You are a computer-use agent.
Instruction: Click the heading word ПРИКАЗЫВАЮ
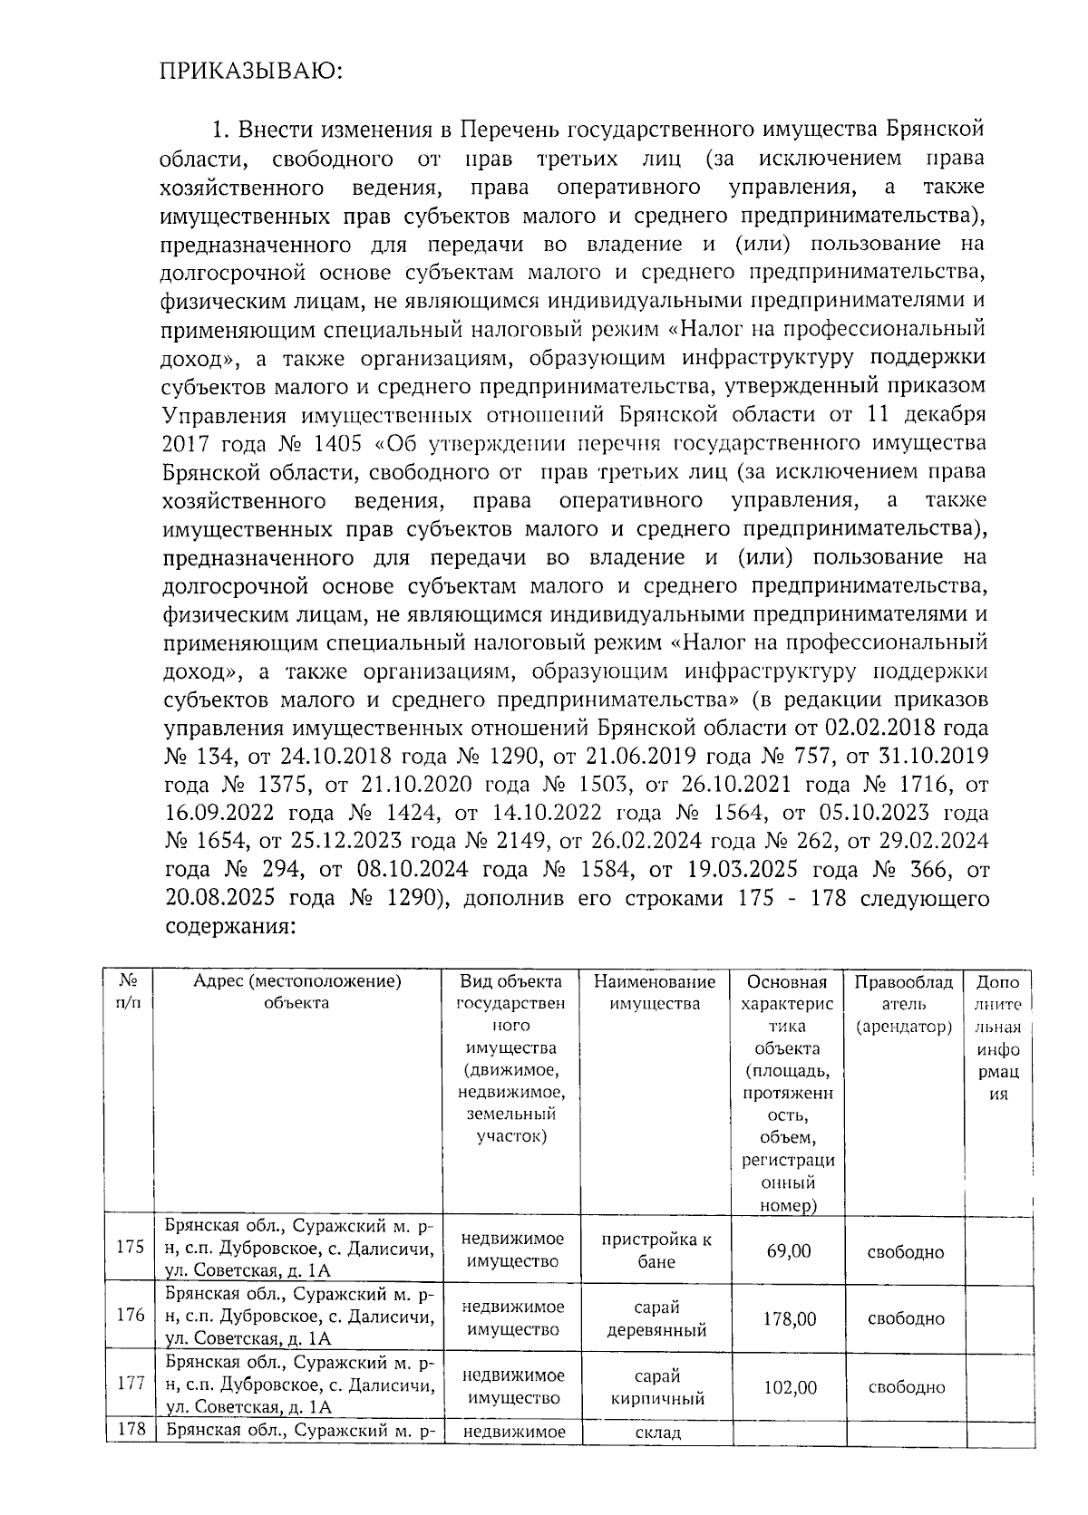(251, 72)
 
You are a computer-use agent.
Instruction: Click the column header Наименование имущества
(655, 992)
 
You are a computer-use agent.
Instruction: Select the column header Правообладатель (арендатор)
(903, 1004)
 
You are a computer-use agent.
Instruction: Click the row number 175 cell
(130, 1246)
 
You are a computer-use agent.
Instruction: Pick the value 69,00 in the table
(788, 1251)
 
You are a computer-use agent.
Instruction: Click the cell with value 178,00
(788, 1318)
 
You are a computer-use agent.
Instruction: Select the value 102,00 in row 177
(788, 1387)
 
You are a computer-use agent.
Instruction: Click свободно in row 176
(905, 1318)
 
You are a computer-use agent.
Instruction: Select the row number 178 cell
(130, 1431)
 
